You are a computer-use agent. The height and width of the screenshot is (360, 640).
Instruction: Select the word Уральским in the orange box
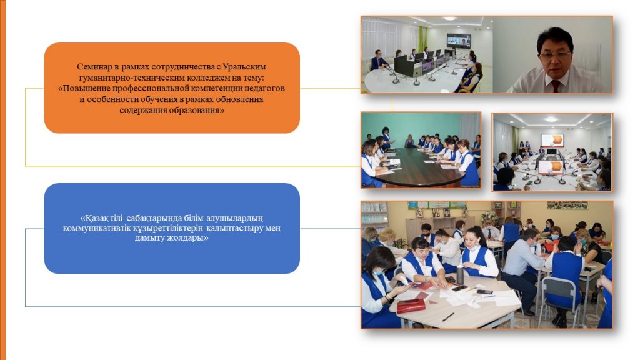244,66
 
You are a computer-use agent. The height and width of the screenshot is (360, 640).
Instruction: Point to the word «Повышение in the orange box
83,88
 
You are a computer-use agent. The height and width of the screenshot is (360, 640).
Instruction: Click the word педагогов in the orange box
266,88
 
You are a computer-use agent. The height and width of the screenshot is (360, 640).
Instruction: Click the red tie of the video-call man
556,86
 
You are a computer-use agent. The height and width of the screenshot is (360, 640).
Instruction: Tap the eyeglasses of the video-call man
554,54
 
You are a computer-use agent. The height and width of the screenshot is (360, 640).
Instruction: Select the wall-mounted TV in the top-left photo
459,41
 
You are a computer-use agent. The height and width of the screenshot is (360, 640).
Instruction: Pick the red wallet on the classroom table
411,305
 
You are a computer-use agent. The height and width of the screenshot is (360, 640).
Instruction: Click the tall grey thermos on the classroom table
460,275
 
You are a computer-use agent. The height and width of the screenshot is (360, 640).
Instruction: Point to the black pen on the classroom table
448,317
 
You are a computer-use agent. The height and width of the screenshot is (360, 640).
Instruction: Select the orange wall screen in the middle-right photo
552,140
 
